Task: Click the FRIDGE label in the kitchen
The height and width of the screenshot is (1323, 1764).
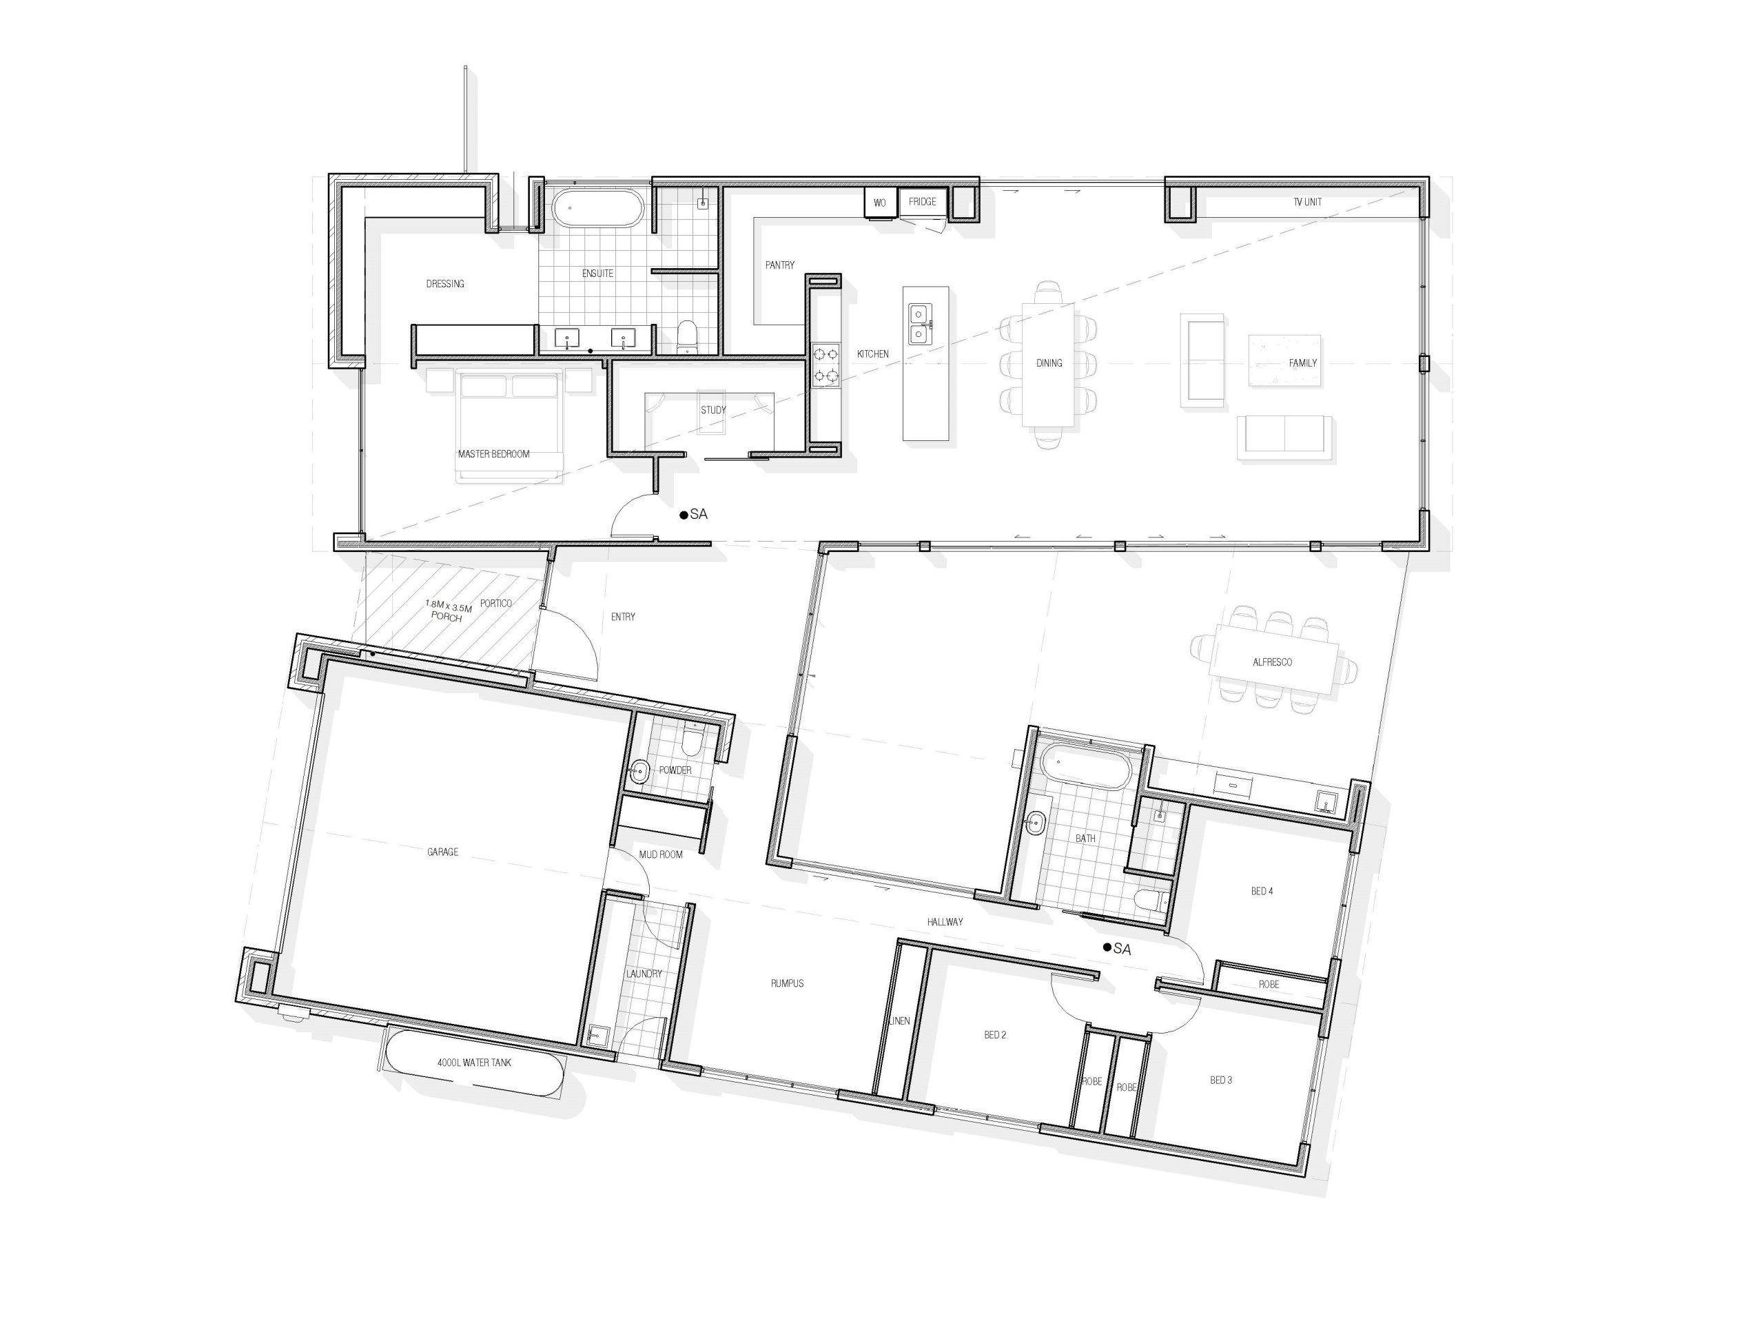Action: tap(922, 202)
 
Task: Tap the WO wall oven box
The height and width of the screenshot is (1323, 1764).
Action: tap(881, 203)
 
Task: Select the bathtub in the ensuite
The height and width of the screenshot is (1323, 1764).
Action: tap(597, 208)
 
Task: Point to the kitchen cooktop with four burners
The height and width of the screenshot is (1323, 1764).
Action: tap(825, 365)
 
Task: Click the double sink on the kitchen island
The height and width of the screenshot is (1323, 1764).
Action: tap(919, 323)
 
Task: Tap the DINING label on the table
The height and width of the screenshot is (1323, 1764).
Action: tap(1049, 363)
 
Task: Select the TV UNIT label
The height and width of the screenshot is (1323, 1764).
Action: tap(1307, 202)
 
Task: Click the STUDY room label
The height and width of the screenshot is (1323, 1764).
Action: tap(713, 410)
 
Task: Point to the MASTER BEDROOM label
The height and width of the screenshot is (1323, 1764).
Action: tap(493, 454)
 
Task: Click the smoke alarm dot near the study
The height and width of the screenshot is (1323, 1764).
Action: tap(684, 515)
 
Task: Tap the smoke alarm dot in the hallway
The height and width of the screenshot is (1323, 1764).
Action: tap(1107, 947)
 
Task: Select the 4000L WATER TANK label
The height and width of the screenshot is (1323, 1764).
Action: tap(475, 1063)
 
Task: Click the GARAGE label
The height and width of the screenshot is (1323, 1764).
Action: tap(442, 852)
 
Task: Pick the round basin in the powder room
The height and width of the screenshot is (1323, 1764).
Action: tap(639, 771)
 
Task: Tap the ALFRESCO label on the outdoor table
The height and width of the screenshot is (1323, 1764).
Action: tap(1272, 662)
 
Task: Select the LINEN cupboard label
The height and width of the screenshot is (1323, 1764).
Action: tap(899, 1021)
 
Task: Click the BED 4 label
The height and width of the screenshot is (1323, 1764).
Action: tap(1262, 891)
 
